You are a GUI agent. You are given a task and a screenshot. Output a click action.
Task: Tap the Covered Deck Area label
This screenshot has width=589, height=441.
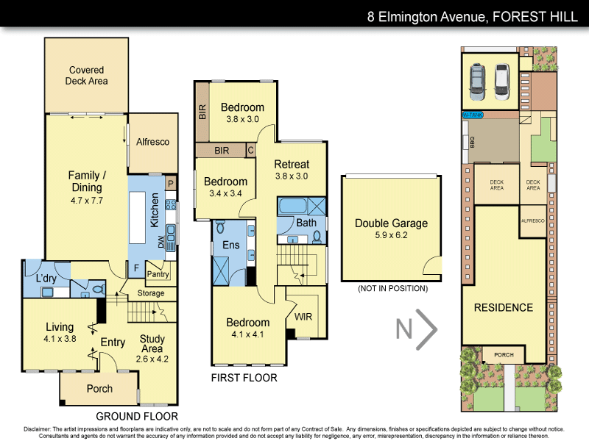click(x=88, y=76)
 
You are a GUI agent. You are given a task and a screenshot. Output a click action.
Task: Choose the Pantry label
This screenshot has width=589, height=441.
click(x=158, y=275)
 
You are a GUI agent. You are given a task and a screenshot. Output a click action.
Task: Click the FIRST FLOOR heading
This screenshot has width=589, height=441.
click(x=244, y=378)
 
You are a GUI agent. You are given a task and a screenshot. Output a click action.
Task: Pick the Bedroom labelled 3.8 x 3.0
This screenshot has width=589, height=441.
click(x=242, y=113)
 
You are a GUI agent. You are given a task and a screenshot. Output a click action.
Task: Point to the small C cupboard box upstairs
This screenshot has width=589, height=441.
click(x=250, y=151)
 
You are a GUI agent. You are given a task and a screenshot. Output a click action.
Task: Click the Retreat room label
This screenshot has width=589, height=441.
click(x=292, y=170)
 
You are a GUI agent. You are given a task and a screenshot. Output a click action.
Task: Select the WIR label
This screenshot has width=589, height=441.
click(x=303, y=317)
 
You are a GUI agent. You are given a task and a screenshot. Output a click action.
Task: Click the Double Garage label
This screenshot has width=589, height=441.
click(x=391, y=229)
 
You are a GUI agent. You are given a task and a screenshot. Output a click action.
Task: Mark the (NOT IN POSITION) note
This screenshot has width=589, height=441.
click(x=392, y=289)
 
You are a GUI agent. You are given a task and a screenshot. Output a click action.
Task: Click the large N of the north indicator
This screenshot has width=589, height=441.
click(x=403, y=329)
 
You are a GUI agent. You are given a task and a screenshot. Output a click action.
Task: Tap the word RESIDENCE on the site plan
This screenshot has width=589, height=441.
click(x=503, y=307)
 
